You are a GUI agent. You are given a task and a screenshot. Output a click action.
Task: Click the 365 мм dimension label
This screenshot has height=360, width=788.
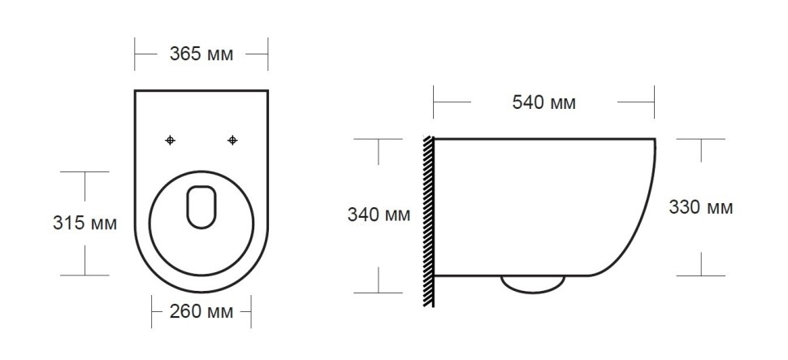[201, 55]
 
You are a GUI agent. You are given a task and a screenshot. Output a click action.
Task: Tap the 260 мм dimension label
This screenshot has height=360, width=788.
[201, 312]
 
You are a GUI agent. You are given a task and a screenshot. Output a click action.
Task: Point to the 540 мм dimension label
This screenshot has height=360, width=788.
[543, 103]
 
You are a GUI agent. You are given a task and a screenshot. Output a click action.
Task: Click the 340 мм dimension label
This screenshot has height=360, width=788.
[379, 215]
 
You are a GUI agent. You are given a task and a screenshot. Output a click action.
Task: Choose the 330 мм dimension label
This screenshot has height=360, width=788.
[700, 207]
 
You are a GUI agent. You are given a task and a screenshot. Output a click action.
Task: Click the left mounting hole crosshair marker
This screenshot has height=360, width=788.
[170, 141]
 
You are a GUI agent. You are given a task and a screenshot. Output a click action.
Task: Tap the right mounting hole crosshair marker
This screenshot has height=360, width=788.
[233, 141]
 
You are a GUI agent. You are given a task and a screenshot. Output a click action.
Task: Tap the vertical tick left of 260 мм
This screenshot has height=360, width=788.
[153, 312]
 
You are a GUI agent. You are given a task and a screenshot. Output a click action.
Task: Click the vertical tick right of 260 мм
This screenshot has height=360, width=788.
[250, 312]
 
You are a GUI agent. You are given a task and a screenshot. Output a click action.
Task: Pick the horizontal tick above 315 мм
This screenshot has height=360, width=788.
[84, 172]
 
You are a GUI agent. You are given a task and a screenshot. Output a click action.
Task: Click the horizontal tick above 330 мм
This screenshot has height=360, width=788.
[701, 139]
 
